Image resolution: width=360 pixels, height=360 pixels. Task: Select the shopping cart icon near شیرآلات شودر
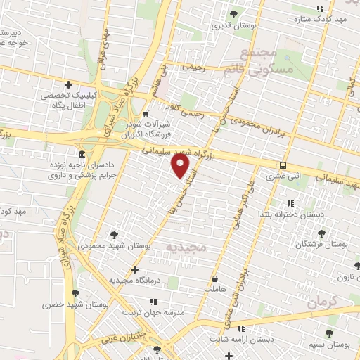pyautogui.click(x=146, y=114)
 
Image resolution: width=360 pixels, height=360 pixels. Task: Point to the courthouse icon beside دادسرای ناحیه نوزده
pyautogui.click(x=82, y=154)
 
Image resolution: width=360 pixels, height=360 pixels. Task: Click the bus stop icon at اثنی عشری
pyautogui.click(x=282, y=166)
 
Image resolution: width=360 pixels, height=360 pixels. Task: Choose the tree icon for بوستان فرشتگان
pyautogui.click(x=323, y=232)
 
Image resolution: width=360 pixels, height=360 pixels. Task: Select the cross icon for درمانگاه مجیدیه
pyautogui.click(x=134, y=269)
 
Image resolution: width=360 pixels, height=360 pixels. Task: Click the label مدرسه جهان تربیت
pyautogui.click(x=153, y=312)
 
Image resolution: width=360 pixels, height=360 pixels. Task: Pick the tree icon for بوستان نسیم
pyautogui.click(x=330, y=333)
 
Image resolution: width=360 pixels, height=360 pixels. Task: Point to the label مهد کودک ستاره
pyautogui.click(x=322, y=19)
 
